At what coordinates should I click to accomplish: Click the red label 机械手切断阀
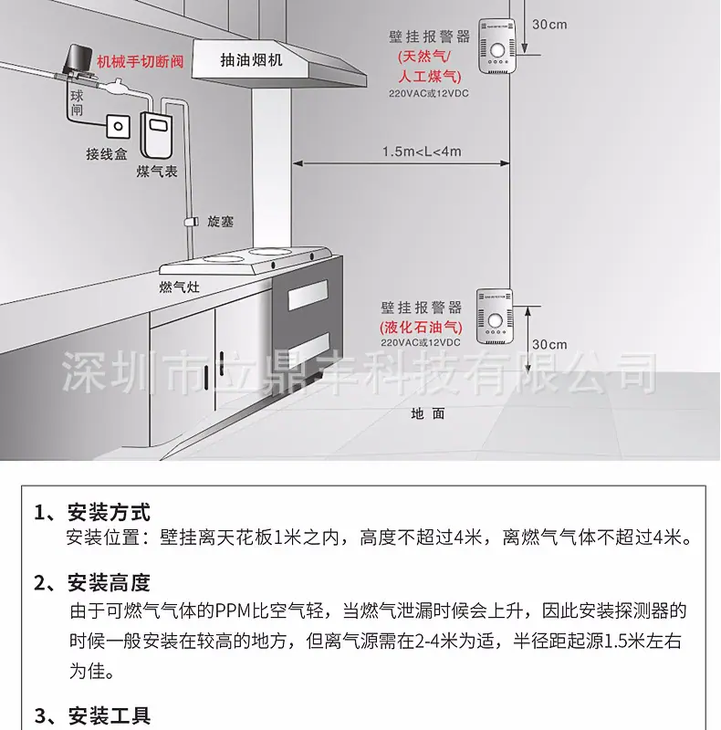pos(141,61)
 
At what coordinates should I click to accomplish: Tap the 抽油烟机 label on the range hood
pos(251,60)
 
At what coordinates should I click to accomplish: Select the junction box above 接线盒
pos(119,126)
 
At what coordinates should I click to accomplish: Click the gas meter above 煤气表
pos(157,136)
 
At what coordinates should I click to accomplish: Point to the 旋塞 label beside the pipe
pos(220,221)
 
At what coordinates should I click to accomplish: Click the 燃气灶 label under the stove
pos(179,287)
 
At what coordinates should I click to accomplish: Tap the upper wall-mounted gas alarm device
pos(497,46)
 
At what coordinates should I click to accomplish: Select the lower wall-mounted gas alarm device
pos(495,317)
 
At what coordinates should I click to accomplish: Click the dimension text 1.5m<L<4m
pos(422,151)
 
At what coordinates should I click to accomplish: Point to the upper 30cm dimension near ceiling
pos(549,25)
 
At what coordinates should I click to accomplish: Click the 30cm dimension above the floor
pos(549,345)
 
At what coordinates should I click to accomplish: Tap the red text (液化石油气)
pos(421,328)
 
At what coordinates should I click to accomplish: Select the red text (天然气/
pos(423,57)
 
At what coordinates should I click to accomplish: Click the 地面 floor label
pos(427,413)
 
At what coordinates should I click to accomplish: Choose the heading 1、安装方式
pos(92,513)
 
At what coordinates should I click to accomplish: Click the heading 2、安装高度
pos(92,582)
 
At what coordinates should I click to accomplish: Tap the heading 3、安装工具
pos(92,716)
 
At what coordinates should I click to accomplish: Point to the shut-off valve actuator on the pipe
pos(75,59)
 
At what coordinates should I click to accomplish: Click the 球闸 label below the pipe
pos(77,103)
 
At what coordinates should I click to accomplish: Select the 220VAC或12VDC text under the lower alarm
pos(421,343)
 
